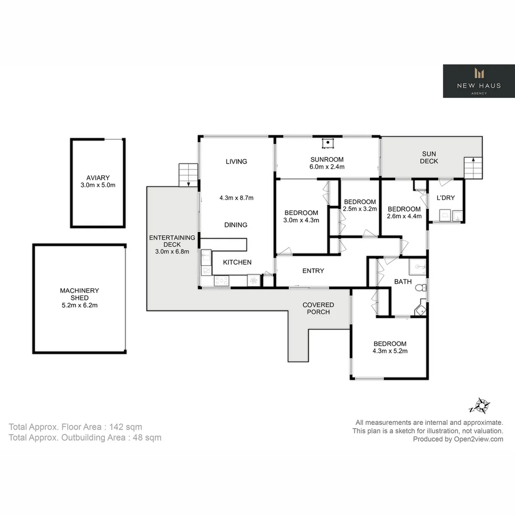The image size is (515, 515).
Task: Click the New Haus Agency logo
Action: tap(479, 81)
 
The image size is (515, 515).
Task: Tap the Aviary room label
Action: tap(98, 181)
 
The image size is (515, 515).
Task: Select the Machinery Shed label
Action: tap(79, 298)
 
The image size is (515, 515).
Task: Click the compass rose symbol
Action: tap(480, 406)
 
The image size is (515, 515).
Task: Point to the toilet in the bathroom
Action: tap(420, 288)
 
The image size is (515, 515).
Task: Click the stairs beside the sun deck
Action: tap(473, 167)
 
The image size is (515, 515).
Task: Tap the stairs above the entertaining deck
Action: tap(188, 175)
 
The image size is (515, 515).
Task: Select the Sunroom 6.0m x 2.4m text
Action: tap(327, 163)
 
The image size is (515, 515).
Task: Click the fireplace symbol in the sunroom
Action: tap(328, 143)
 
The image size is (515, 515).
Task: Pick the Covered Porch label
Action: tap(318, 308)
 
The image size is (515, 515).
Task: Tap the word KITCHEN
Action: tap(237, 262)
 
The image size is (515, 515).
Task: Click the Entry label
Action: tap(313, 271)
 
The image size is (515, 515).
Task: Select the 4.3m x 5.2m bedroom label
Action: tap(390, 347)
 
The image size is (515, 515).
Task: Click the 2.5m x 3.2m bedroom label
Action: tap(360, 205)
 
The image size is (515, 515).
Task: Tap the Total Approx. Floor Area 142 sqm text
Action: tap(75, 427)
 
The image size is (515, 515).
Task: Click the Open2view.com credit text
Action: tap(458, 439)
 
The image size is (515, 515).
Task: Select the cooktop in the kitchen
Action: tap(221, 281)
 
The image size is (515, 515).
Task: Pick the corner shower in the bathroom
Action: tap(420, 308)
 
